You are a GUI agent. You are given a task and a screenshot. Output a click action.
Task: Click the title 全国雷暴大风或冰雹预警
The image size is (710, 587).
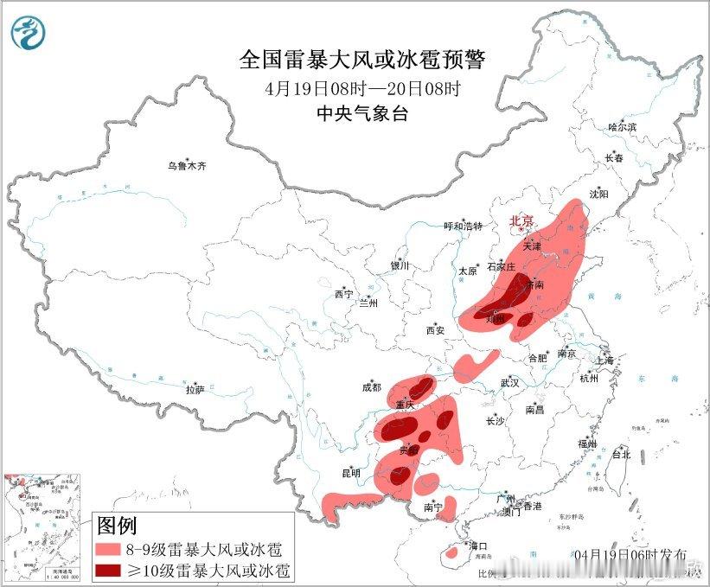click(x=362, y=60)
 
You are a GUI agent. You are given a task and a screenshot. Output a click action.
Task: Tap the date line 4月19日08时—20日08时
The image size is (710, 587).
click(x=362, y=89)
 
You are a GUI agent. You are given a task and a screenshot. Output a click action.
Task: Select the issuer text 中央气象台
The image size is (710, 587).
click(x=362, y=114)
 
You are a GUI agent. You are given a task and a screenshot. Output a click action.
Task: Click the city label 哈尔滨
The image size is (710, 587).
click(x=622, y=127)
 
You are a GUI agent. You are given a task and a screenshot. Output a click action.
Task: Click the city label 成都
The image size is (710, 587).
click(x=372, y=388)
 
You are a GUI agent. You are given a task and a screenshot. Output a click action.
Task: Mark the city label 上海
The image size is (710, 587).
click(x=604, y=360)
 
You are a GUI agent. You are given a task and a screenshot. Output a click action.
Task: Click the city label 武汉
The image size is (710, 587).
click(x=509, y=382)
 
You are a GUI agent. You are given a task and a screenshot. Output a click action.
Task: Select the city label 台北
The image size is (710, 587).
click(x=621, y=454)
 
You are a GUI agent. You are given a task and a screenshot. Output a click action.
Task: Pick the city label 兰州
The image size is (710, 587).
click(x=368, y=303)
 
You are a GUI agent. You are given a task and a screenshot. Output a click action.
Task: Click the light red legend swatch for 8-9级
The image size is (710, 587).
click(x=111, y=549)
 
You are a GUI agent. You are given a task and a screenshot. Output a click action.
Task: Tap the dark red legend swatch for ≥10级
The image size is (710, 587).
click(x=111, y=570)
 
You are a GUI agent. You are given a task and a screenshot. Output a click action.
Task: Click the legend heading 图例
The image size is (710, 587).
click(x=117, y=525)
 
